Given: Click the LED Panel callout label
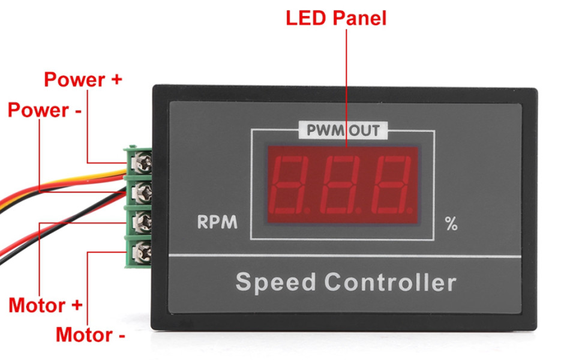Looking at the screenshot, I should pyautogui.click(x=336, y=17).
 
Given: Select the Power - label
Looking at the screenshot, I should pyautogui.click(x=45, y=110).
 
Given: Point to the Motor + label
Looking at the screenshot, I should pyautogui.click(x=45, y=305).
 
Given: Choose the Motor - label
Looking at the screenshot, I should pyautogui.click(x=91, y=334).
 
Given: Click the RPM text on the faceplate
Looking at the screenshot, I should pyautogui.click(x=217, y=223).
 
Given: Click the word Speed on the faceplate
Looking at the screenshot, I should pyautogui.click(x=275, y=281).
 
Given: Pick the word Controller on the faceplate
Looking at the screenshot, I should pyautogui.click(x=391, y=281).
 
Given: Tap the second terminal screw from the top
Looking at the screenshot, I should pyautogui.click(x=142, y=191).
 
